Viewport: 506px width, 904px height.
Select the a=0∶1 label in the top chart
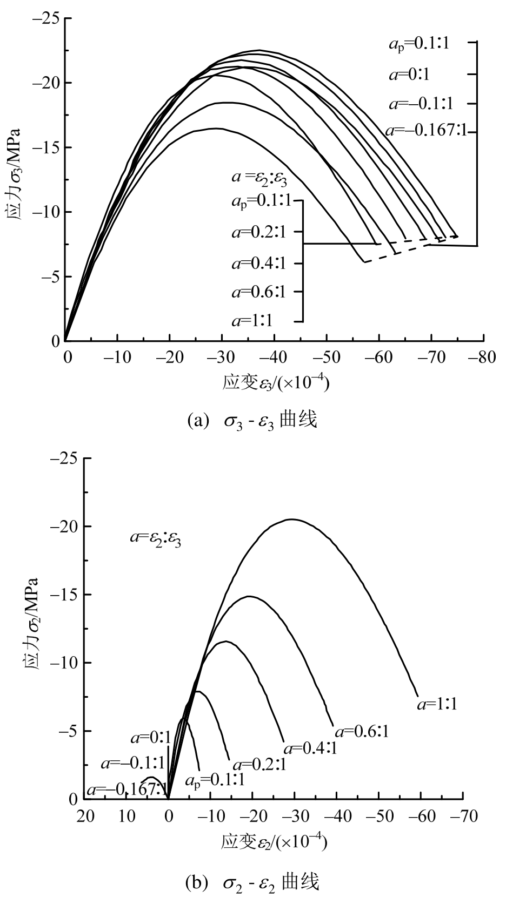[409, 74]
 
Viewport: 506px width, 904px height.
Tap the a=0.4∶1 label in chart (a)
[258, 264]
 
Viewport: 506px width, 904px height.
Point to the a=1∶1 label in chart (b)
[437, 704]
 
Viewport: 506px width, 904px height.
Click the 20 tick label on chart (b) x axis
[85, 816]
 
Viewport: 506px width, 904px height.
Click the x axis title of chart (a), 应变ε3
[276, 383]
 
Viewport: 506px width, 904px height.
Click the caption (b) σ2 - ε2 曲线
[252, 882]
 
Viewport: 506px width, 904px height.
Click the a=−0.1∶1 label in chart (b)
[132, 763]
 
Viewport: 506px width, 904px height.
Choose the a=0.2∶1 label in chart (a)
[258, 233]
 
